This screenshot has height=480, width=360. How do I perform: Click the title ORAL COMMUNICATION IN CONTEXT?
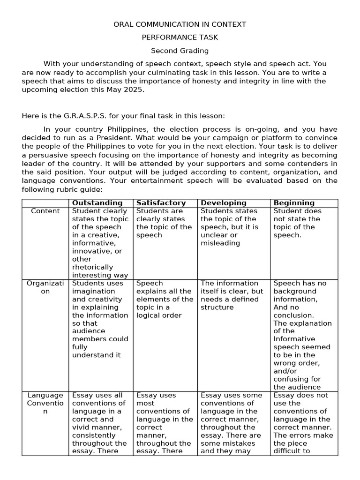(x=180, y=24)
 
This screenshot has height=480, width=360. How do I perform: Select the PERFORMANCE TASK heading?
(x=180, y=37)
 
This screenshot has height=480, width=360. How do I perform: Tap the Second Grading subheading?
(x=180, y=51)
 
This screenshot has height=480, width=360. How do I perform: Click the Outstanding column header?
(x=97, y=203)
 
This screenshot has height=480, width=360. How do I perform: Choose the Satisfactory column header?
(x=161, y=203)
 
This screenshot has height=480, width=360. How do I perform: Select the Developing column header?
(x=223, y=203)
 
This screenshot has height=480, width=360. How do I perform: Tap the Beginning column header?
(x=294, y=203)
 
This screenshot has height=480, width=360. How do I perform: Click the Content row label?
(x=45, y=211)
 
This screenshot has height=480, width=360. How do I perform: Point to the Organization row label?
(x=45, y=287)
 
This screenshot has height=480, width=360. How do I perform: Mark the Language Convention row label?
(x=45, y=403)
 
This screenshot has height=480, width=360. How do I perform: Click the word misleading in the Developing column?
(x=220, y=243)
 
